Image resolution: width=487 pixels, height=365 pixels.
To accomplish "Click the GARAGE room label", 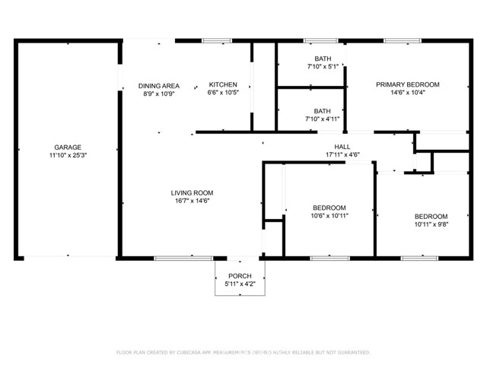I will (x=67, y=148).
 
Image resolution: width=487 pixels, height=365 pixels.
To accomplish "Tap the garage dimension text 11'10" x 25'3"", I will (x=67, y=156).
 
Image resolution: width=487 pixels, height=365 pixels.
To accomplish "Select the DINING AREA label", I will (x=158, y=84).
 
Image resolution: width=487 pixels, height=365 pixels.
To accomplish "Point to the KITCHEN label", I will (x=223, y=84).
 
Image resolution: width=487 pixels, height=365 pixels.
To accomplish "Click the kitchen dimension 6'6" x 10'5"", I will (x=223, y=93).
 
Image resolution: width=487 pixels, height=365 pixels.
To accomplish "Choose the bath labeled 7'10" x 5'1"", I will (x=323, y=67).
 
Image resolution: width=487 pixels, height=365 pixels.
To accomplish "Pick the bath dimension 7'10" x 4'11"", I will (x=323, y=119).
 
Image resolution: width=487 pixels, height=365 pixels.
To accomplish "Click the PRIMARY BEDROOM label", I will (x=407, y=84).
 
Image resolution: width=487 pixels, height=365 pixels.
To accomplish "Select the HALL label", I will (x=342, y=147).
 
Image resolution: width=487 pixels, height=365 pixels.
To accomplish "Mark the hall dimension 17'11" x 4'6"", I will (x=342, y=155).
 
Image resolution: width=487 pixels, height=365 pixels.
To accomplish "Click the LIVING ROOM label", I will (x=191, y=192).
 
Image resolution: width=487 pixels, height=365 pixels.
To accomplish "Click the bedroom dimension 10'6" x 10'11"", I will (x=329, y=216).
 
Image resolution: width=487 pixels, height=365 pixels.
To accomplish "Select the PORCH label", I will (x=240, y=275).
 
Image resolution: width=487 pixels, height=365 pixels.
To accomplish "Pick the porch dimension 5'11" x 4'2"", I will (x=240, y=284).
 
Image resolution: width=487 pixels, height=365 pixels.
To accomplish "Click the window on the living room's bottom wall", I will (x=173, y=259).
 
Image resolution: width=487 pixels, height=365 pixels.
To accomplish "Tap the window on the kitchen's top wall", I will (x=217, y=40).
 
